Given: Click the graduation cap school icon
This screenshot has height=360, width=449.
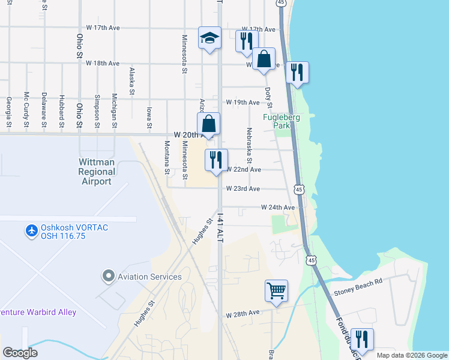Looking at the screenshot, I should tap(209, 39).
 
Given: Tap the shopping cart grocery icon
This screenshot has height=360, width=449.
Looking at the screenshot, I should tap(276, 292).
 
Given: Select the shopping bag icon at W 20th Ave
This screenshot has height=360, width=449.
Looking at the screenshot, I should tap(208, 124).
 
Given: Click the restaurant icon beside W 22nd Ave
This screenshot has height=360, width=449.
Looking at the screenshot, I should tap(216, 160).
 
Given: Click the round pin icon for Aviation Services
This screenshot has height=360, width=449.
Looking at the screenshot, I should tap(108, 276).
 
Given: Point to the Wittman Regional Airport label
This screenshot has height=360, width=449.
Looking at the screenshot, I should tap(97, 172).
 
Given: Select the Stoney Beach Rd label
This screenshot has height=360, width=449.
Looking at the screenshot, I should tap(358, 294).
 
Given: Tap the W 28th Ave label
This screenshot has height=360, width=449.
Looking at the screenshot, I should tap(243, 314).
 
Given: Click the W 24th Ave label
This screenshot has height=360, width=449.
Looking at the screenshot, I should tap(278, 207).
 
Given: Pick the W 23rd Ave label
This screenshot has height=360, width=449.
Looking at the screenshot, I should tap(243, 188).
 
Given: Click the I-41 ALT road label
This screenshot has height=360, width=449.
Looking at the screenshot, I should tap(220, 229).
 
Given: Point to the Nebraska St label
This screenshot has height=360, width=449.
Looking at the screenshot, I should tap(248, 145).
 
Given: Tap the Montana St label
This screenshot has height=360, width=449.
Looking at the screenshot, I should tap(167, 157).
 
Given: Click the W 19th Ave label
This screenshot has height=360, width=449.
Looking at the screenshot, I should tap(243, 103).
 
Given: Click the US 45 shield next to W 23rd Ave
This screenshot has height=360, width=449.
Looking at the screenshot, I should tap(298, 190).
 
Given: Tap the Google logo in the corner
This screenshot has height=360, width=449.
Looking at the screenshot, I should tap(20, 353).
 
